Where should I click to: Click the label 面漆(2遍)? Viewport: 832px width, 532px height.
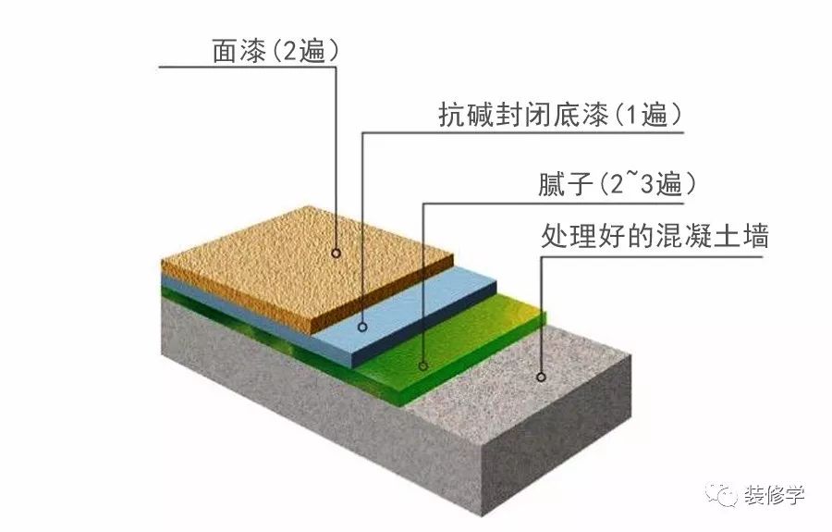[x=275, y=52]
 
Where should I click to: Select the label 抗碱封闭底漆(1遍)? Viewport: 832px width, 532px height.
[x=560, y=115]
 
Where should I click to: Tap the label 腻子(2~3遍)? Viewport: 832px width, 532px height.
[x=618, y=184]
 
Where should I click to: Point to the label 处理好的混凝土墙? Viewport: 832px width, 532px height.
[x=655, y=235]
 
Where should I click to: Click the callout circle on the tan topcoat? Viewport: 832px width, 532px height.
[x=336, y=253]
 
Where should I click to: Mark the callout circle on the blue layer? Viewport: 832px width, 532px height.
[x=362, y=327]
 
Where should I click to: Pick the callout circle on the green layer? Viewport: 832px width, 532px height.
[x=422, y=365]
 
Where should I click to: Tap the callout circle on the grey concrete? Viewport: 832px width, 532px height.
[x=541, y=377]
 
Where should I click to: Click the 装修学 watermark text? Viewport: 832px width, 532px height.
[x=774, y=495]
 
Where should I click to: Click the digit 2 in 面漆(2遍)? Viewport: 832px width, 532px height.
[x=291, y=52]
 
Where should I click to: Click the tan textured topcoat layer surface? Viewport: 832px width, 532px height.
[x=297, y=266]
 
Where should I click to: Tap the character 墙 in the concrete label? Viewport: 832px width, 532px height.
[x=756, y=235]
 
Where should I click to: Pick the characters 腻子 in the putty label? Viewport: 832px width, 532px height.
[x=565, y=184]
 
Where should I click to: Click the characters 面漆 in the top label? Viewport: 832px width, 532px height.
[x=239, y=52]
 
